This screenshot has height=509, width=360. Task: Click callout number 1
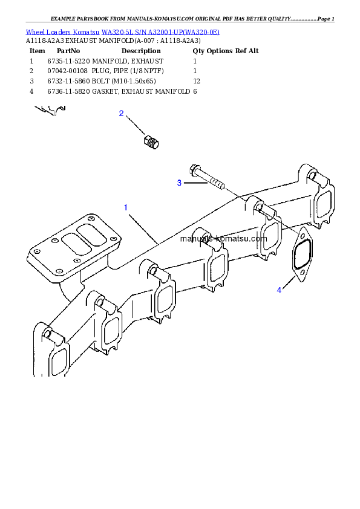125,207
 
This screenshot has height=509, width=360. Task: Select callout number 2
121,113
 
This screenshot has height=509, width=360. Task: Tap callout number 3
179,183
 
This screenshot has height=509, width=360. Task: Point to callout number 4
279,290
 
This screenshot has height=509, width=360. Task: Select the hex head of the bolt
195,169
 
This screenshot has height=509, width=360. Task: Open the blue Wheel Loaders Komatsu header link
122,31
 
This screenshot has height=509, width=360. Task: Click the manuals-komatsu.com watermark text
223,238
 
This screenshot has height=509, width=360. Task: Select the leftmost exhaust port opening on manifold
58,361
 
